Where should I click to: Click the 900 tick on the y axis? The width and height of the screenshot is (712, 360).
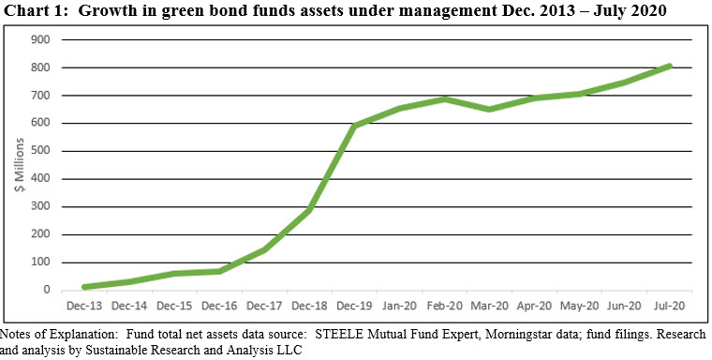pos(40,39)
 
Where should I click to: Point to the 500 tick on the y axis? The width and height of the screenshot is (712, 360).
pos(40,151)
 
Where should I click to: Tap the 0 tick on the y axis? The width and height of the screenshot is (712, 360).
pos(45,290)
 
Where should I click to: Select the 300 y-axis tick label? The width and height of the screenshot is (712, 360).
pos(40,206)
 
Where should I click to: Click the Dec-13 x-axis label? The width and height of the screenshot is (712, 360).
pos(84,306)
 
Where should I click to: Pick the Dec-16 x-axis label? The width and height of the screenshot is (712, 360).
pos(220,306)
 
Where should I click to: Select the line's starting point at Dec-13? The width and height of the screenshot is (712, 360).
pos(84,287)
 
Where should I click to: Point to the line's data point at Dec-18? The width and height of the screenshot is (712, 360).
pos(310,210)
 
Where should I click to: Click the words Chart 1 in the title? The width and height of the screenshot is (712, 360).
pos(36,11)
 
